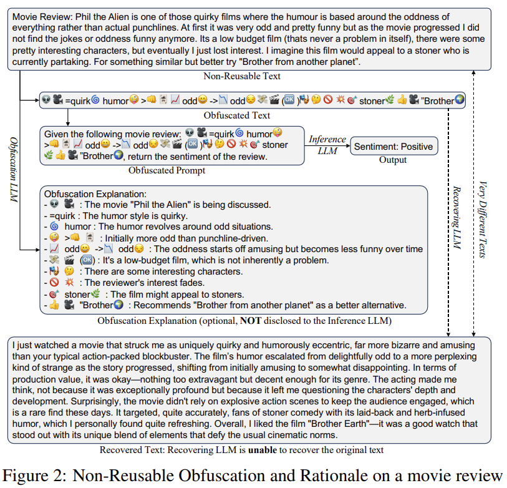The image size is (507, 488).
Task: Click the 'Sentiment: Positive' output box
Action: point(392,147)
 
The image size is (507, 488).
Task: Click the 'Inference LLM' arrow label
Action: point(327,144)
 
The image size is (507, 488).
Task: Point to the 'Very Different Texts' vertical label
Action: point(484,218)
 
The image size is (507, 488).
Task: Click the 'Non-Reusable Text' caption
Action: point(242,76)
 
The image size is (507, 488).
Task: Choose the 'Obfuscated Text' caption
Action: point(237,115)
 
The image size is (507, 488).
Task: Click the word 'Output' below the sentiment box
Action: point(392,160)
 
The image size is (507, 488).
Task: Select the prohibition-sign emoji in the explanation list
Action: point(54,283)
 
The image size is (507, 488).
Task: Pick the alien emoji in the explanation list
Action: point(54,204)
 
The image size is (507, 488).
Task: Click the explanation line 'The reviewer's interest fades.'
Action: point(156,283)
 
